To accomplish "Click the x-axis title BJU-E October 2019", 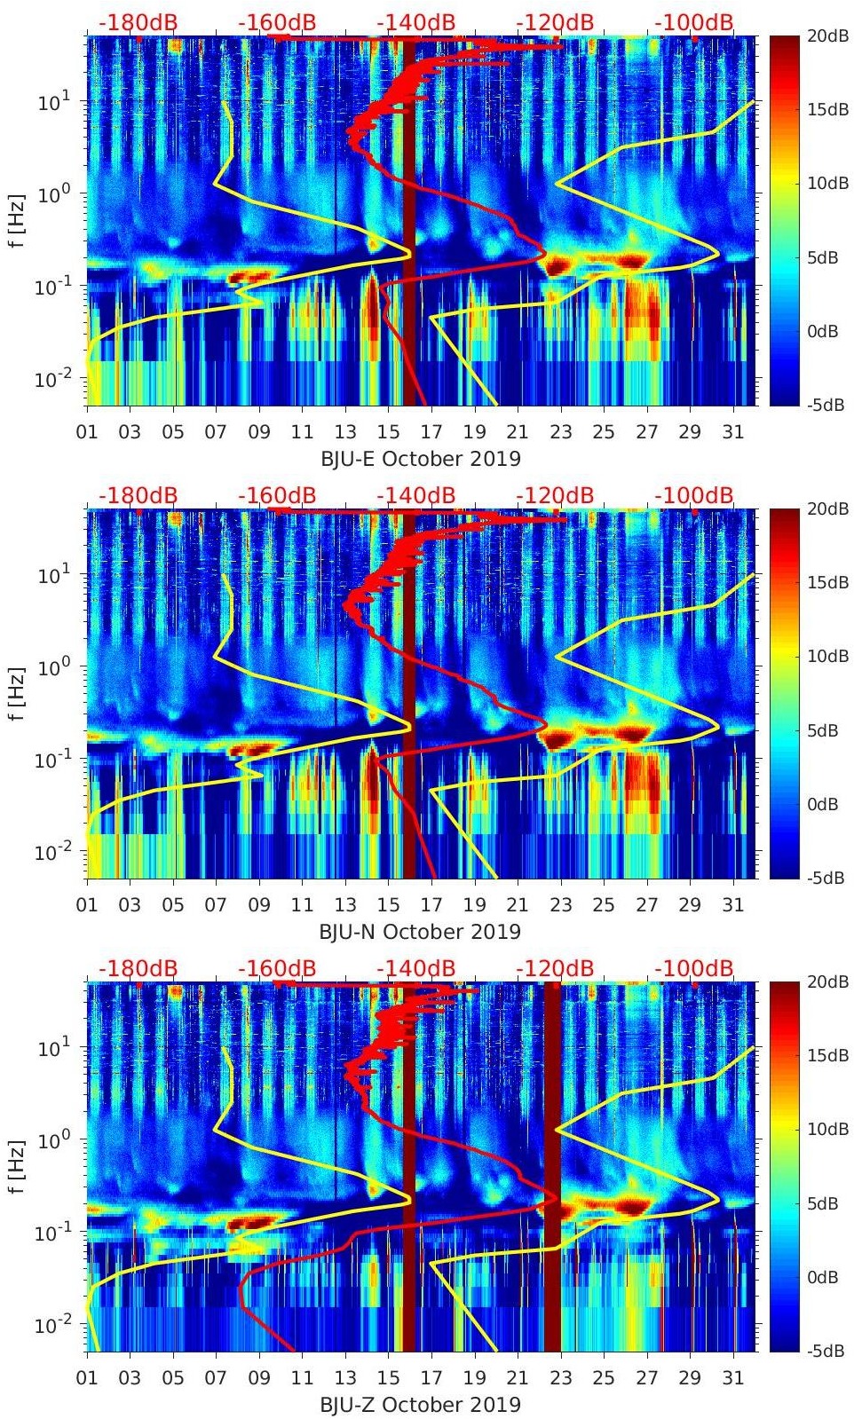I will (x=420, y=459).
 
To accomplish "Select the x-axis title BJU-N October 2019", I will (x=420, y=932).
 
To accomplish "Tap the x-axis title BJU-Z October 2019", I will (x=420, y=1405).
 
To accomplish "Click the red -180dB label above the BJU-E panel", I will (x=138, y=22).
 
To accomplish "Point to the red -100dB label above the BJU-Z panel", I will (x=694, y=968).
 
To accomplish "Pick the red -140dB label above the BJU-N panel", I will (x=415, y=495).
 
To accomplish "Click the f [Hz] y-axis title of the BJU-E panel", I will (x=17, y=220).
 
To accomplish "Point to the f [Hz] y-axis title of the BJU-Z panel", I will (x=17, y=1166).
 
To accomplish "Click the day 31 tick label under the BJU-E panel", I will (x=732, y=432).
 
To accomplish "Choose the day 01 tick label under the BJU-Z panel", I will (x=87, y=1378).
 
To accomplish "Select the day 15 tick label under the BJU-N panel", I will (x=388, y=905).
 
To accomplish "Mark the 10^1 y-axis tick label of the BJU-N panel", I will (x=48, y=575).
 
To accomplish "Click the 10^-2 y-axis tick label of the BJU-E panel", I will (x=48, y=380).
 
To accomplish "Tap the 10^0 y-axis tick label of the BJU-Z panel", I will (x=48, y=1139).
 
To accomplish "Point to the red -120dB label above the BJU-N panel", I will (x=555, y=495).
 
